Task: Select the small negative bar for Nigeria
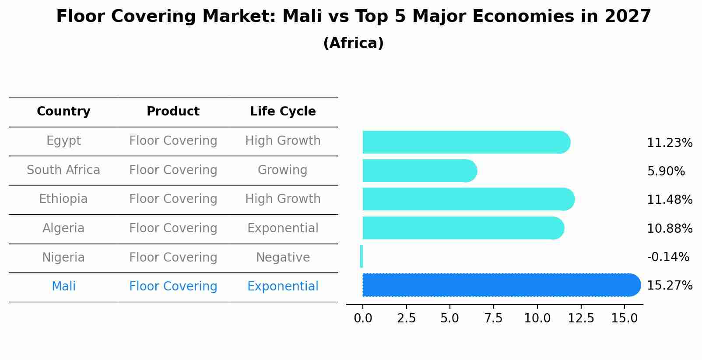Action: [x=362, y=256]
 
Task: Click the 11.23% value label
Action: [x=669, y=143]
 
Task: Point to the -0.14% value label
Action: [x=668, y=257]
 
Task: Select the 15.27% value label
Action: [x=669, y=286]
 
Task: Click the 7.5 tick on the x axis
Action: [x=493, y=318]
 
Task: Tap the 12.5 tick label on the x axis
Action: [x=581, y=318]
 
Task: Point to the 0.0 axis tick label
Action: [x=363, y=318]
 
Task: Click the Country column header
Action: [x=63, y=112]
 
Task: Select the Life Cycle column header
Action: [x=283, y=112]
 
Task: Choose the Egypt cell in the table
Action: [x=63, y=141]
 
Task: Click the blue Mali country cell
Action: [x=63, y=287]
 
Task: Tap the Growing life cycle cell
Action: [x=282, y=170]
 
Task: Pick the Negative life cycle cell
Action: [x=283, y=257]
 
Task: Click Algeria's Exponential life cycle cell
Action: [x=283, y=228]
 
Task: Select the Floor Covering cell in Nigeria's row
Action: [x=173, y=257]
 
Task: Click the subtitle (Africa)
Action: [x=353, y=43]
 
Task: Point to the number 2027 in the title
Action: [x=628, y=17]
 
